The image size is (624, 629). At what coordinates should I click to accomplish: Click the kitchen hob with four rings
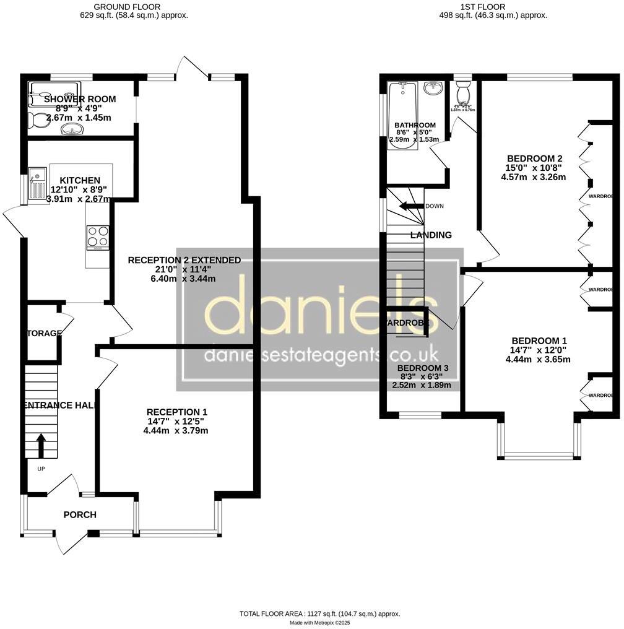click(97, 237)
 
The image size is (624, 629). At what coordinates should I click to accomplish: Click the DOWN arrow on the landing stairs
click(410, 206)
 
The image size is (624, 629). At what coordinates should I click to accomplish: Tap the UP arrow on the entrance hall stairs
click(41, 445)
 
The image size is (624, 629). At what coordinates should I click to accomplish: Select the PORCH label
click(80, 514)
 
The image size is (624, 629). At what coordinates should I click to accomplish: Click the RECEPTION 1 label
click(176, 412)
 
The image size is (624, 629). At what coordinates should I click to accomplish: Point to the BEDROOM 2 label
click(531, 157)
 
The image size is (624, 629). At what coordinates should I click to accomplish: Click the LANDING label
click(431, 235)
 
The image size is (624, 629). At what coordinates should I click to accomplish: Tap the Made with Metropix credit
click(319, 622)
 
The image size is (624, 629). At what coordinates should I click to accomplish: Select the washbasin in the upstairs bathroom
click(433, 88)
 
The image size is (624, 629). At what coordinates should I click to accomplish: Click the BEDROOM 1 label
click(539, 341)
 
